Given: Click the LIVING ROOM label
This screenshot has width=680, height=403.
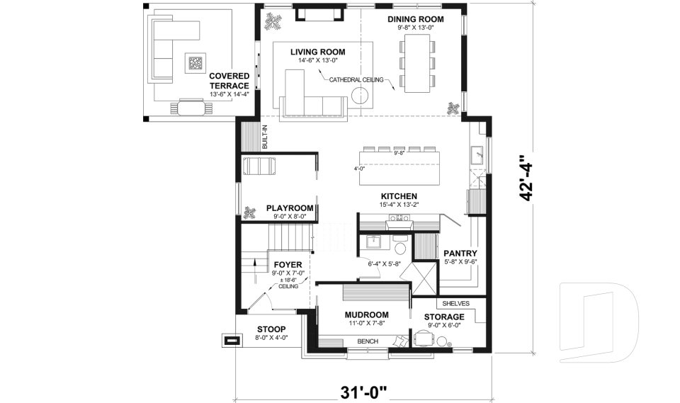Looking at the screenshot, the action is pos(318,52).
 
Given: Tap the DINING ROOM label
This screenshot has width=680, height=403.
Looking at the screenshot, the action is pos(416,19).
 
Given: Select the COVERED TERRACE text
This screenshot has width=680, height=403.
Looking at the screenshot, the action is pos(229,81).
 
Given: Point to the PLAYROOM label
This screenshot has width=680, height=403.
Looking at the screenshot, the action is pos(290,208).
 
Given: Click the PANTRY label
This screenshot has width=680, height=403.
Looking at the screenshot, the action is pos(460,254).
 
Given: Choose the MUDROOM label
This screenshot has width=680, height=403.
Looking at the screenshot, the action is pos(366,315).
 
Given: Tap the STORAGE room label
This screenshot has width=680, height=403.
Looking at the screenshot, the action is pos(444,317).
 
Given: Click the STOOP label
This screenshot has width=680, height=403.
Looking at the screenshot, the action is pos(271,329).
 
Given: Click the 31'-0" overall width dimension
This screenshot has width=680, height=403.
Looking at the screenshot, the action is pos(363,393).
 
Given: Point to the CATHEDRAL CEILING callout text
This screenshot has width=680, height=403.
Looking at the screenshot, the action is pos(356,80).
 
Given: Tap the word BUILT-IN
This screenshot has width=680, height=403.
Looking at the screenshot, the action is pos(264,137).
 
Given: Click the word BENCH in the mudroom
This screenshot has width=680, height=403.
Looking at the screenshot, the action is pos(368,341).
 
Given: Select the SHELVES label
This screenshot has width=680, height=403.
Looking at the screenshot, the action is pos(455,304).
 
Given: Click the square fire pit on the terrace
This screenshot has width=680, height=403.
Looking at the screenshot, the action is pos(195,64).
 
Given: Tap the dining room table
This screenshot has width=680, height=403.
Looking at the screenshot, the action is pos(417,63).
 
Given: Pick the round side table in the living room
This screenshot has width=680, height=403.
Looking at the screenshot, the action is pos(360,96).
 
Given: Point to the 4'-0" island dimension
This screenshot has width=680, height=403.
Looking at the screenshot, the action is pos(359,169).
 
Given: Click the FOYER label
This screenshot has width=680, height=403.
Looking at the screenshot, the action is pos(288,265).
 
